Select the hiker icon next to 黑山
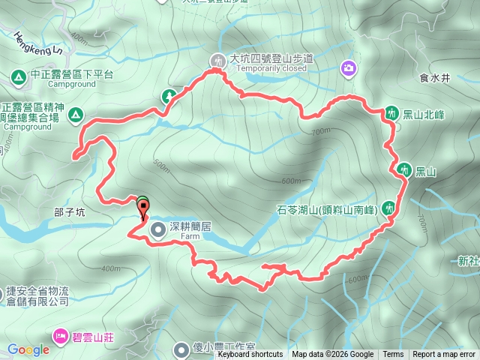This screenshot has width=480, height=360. pyautogui.click(x=405, y=170)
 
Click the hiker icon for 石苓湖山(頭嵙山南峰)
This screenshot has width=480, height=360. pyautogui.click(x=388, y=207)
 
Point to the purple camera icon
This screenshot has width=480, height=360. pyautogui.click(x=348, y=69)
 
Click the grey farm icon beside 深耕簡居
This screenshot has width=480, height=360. pyautogui.click(x=159, y=229)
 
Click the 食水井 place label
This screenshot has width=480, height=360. pyautogui.click(x=435, y=77)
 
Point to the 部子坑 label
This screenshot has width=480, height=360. pyautogui.click(x=70, y=212)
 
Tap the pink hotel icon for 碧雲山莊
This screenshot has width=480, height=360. pyautogui.click(x=58, y=335)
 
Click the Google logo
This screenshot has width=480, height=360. pyautogui.click(x=28, y=349)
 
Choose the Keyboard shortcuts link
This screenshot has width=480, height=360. pyautogui.click(x=250, y=355)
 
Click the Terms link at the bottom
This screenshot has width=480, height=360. pyautogui.click(x=393, y=355)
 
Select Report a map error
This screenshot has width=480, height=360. pyautogui.click(x=445, y=355)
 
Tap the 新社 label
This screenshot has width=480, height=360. pyautogui.click(x=467, y=261)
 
